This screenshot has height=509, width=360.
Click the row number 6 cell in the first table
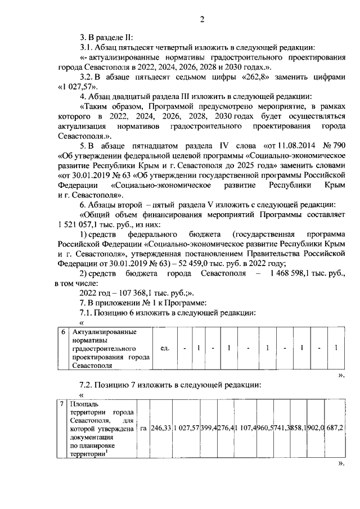pos(64,332)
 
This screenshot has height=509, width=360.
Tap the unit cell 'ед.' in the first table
pos(165,348)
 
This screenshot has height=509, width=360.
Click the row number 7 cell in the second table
pos(62,404)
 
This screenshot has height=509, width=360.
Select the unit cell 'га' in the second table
pos(144,429)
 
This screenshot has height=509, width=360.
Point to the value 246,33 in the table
pos(162,429)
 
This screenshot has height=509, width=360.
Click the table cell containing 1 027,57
pos(187,429)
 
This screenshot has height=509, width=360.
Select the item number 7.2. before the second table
pos(88,385)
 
